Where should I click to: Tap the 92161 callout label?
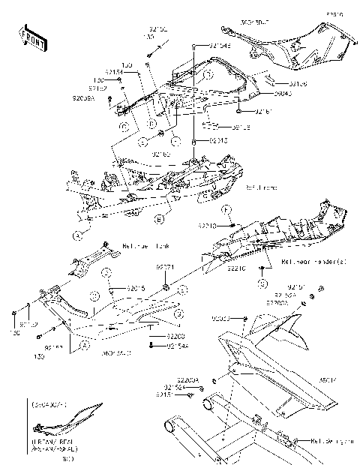(x=262, y=112)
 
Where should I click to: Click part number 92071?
(x=165, y=267)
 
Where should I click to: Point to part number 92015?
(x=135, y=288)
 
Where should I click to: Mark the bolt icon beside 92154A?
(x=152, y=345)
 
